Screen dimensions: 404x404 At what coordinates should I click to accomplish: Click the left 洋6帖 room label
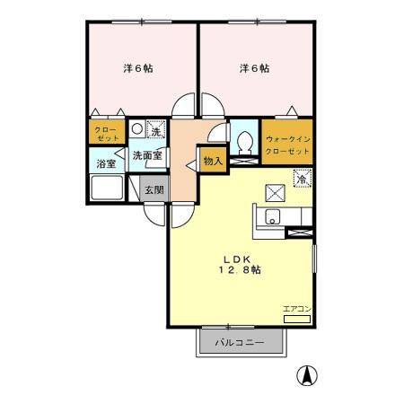click(137, 68)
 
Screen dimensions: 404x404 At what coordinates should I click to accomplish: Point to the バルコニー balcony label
click(241, 343)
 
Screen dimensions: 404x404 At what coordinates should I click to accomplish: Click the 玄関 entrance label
click(154, 189)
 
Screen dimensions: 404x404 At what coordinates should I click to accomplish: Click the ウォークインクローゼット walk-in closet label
click(288, 145)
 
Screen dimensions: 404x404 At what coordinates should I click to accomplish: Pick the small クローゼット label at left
click(108, 134)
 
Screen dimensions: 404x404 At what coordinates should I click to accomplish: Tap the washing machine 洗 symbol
click(155, 131)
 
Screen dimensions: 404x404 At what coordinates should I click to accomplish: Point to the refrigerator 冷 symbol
click(302, 177)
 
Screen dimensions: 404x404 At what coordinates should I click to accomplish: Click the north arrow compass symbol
click(307, 376)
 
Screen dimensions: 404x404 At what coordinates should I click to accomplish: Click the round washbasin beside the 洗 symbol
click(136, 128)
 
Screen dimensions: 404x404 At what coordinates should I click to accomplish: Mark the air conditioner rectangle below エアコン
click(296, 318)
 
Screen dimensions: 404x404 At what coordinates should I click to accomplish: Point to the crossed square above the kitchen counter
click(274, 190)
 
